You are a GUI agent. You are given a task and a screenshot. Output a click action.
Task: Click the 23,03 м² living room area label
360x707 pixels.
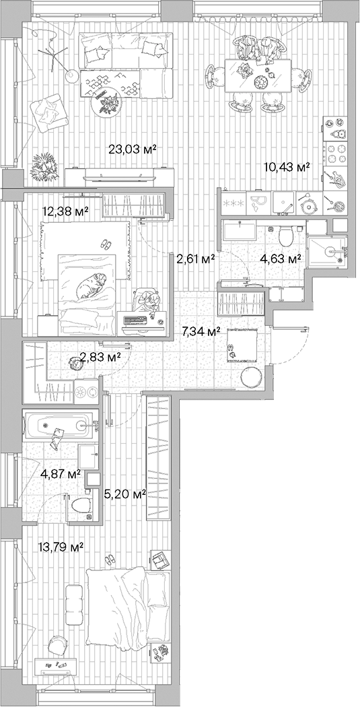132,149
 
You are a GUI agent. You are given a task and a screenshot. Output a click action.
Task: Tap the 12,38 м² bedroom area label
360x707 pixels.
65,211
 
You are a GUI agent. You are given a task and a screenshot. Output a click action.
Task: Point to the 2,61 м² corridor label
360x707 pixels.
195,258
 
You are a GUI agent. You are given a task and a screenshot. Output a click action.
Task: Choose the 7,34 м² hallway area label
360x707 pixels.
202,331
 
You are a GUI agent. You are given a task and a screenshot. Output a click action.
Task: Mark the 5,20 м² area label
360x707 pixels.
126,495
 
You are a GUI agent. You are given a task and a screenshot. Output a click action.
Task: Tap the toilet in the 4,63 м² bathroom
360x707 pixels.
285,235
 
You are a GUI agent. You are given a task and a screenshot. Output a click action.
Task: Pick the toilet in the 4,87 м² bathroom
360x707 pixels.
80,505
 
